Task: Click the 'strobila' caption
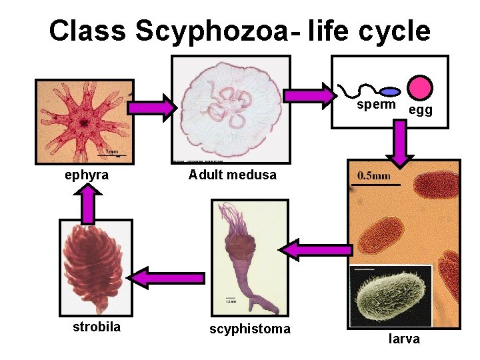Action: coord(97,327)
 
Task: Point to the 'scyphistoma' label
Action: coord(250,329)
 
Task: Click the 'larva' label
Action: coord(404,339)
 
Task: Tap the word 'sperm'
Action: coord(376,105)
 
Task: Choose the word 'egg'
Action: coord(420,110)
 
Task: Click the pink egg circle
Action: coord(420,87)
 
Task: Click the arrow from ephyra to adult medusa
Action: coord(153,107)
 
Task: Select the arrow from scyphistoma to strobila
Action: coord(166,277)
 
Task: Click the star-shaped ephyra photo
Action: coord(83,121)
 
